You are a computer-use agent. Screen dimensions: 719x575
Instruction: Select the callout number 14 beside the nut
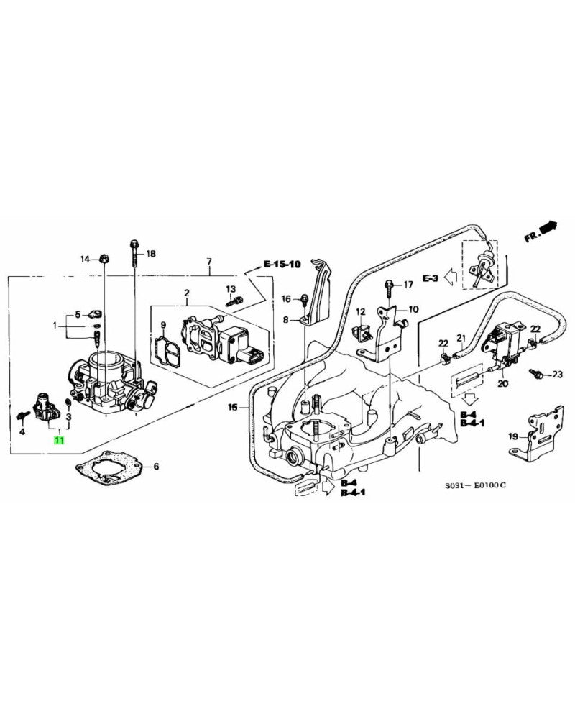84,259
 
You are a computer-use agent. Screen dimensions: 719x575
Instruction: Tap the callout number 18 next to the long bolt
150,255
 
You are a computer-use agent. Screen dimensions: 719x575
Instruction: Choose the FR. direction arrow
540,232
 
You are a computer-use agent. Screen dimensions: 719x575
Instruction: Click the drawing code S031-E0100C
475,485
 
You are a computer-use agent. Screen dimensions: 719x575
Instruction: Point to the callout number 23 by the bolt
557,374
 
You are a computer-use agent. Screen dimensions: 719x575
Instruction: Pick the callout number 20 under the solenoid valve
502,385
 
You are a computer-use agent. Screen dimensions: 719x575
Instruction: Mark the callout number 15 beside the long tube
232,408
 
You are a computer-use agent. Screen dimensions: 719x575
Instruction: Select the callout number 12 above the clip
361,311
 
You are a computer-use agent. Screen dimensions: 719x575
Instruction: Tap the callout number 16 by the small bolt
285,298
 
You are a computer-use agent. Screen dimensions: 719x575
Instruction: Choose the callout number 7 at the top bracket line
209,260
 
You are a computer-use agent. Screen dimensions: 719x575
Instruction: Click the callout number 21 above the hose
461,338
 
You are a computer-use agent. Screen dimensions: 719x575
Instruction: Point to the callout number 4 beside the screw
22,431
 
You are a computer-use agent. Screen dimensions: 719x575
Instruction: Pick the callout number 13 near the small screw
231,289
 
